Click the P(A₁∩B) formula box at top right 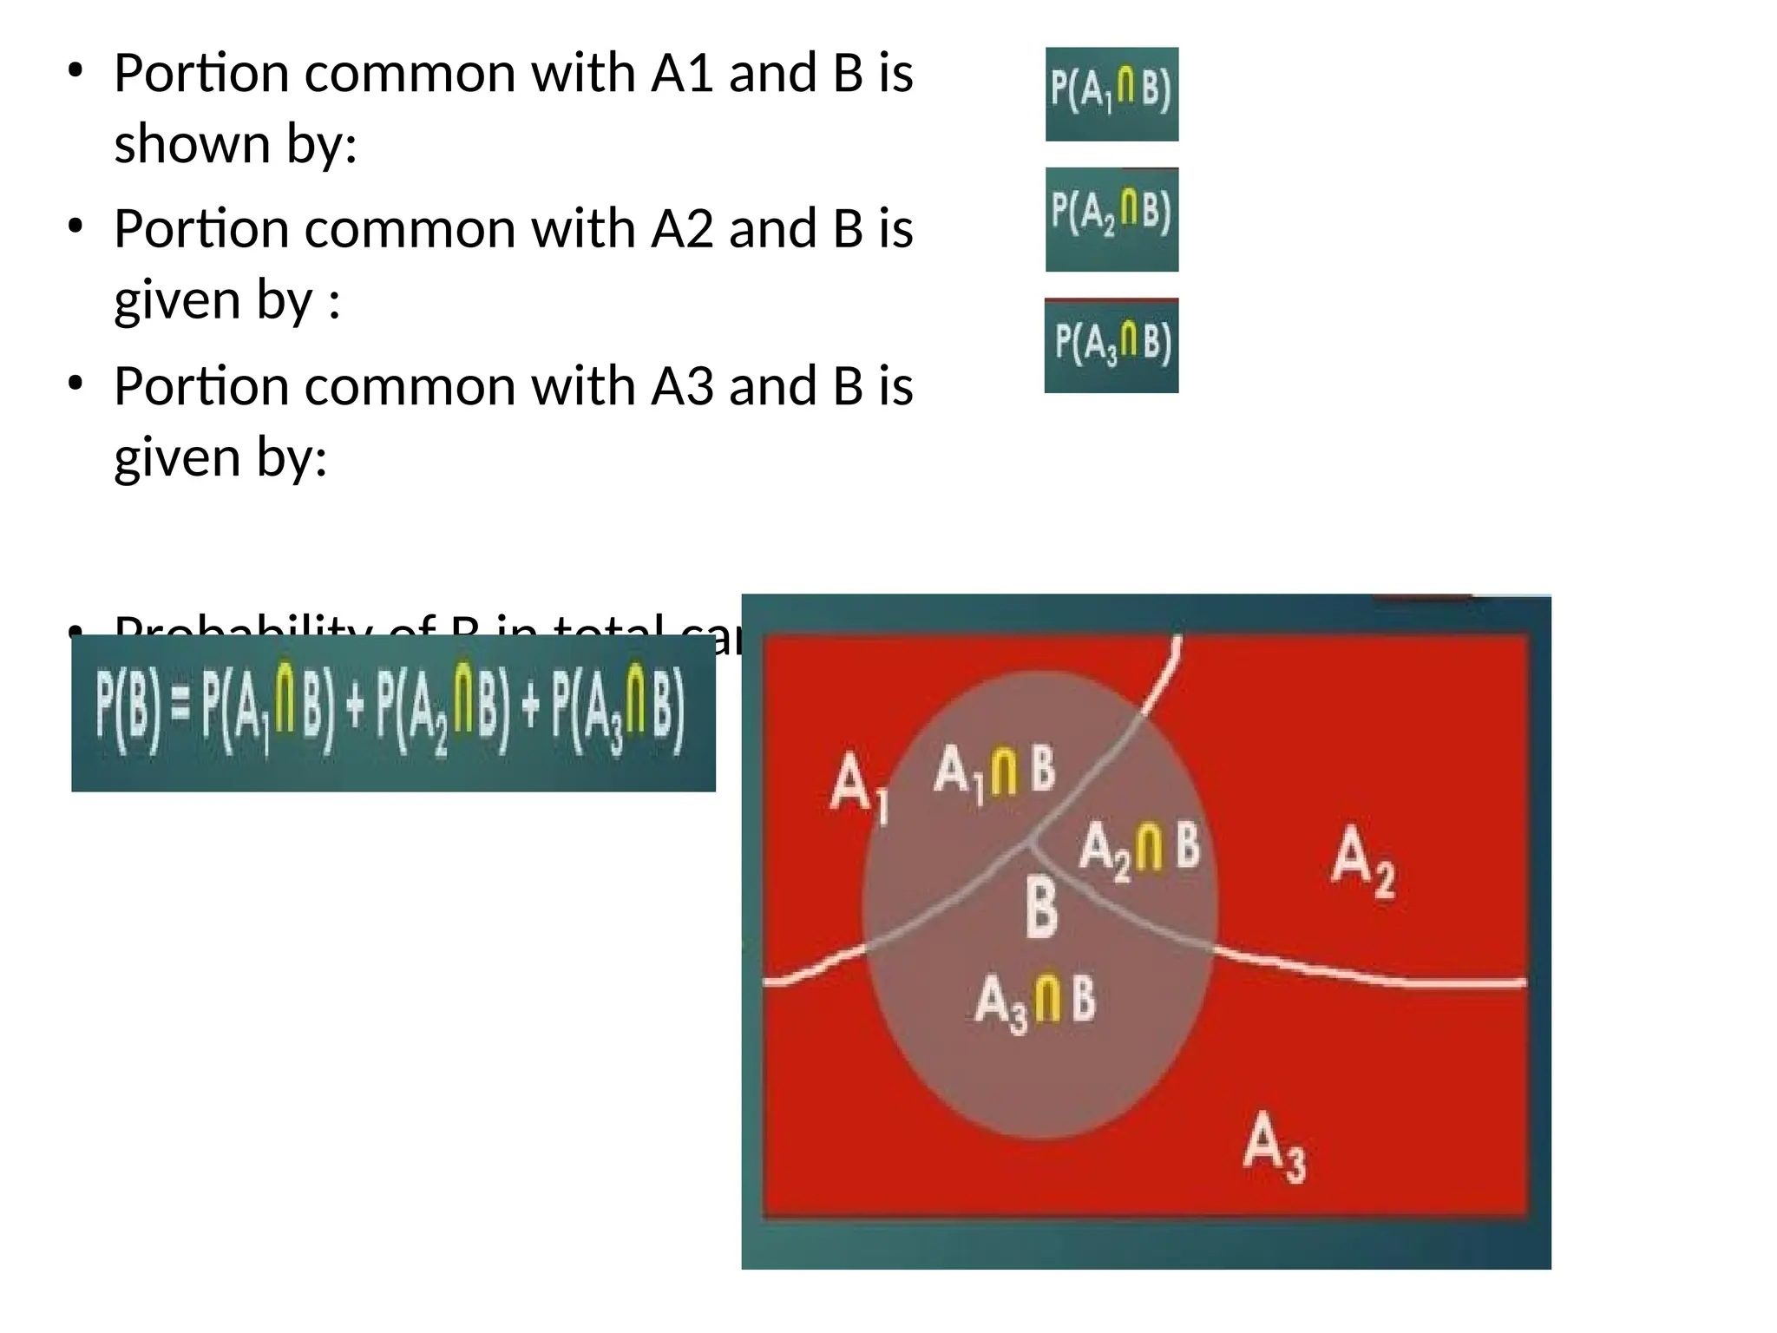[1111, 94]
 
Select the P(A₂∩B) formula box [1111, 220]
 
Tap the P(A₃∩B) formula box [1111, 345]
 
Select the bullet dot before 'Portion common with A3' [76, 383]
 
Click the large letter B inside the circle [1041, 908]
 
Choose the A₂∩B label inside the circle [1139, 848]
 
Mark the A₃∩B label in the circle [1035, 1002]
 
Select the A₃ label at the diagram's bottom [1274, 1146]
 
